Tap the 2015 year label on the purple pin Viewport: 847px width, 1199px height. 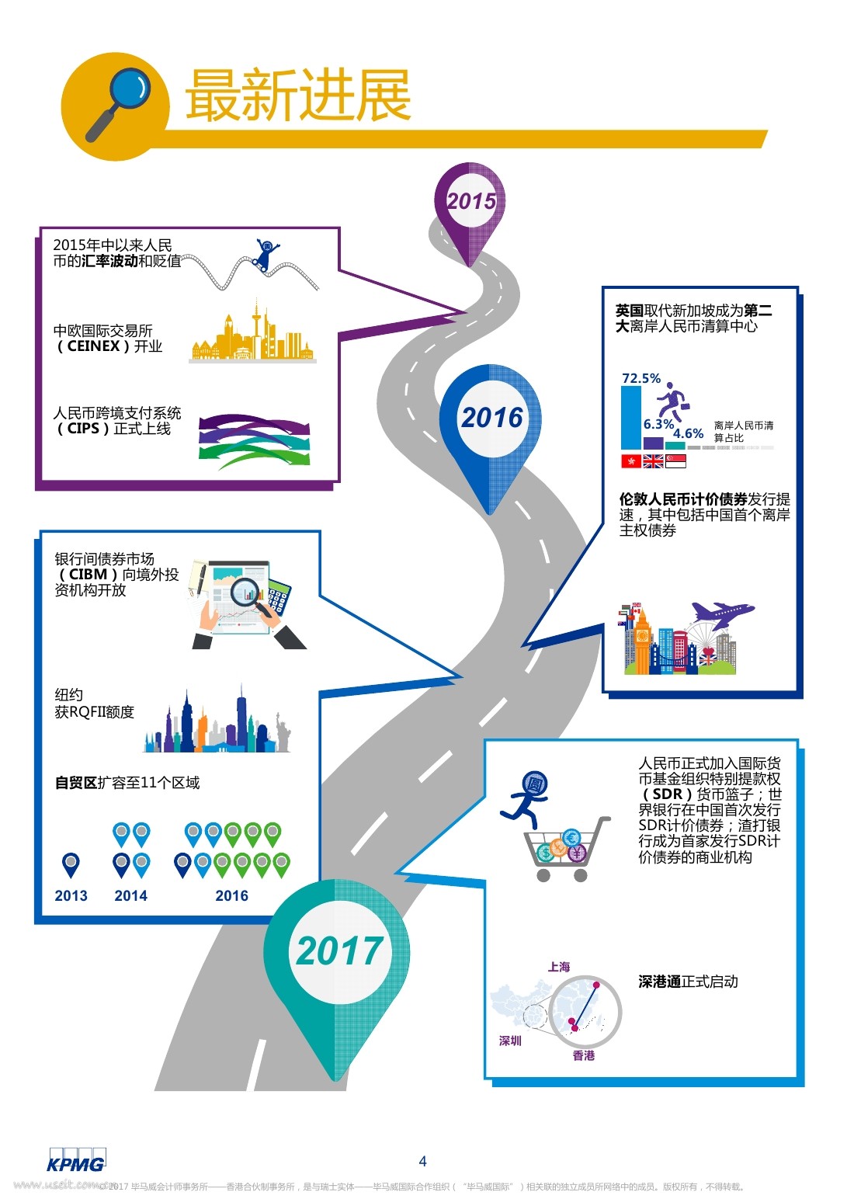pos(471,201)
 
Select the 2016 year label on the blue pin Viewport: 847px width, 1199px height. pos(492,418)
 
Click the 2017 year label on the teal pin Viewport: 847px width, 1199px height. pos(339,951)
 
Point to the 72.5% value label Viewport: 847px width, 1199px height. pos(641,378)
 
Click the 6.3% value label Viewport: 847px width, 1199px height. pos(658,424)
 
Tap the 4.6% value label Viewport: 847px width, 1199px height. pos(688,433)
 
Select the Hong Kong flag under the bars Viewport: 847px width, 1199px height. pos(631,461)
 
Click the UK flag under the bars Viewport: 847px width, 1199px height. pos(654,461)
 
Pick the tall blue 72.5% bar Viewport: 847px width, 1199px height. pos(631,418)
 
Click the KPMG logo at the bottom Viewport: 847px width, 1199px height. pos(76,1162)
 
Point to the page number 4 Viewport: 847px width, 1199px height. pos(422,1161)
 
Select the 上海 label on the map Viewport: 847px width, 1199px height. pos(559,967)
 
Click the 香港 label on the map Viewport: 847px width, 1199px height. pos(584,1055)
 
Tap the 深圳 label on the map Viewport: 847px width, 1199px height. pos(510,1041)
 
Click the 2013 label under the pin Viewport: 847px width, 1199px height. pos(71,895)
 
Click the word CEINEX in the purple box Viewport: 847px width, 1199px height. pos(94,346)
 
